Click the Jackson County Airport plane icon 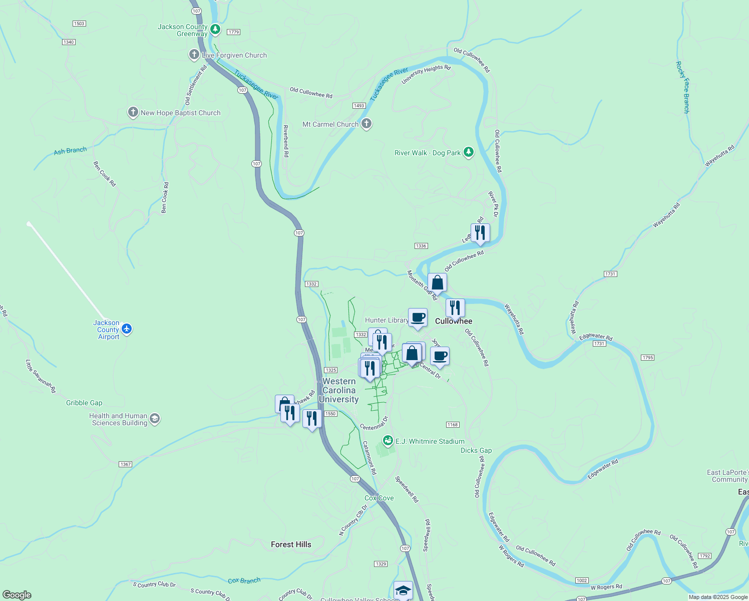pos(127,329)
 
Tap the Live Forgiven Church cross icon pos(194,55)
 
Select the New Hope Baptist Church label pos(180,113)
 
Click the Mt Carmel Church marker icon pos(366,124)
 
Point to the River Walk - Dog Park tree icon pos(469,152)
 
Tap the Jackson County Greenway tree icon pos(215,30)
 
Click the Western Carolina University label pos(339,390)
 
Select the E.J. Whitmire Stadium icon pos(388,441)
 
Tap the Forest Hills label pos(291,544)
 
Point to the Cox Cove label pos(379,498)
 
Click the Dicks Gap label pos(476,450)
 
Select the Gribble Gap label pos(84,403)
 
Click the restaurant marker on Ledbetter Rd pos(480,233)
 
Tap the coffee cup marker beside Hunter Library pos(418,318)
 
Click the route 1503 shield pos(79,24)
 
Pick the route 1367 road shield pos(126,464)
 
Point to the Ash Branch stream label pos(70,151)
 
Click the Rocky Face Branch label pos(682,87)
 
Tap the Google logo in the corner pos(17,595)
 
